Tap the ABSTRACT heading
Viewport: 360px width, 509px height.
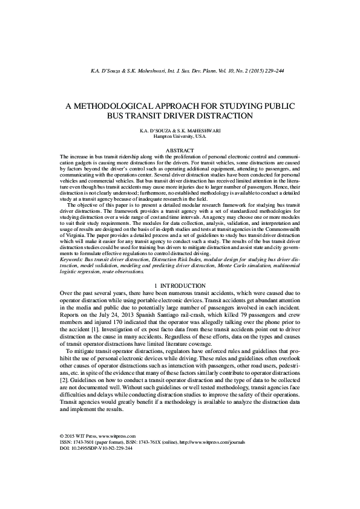click(180, 150)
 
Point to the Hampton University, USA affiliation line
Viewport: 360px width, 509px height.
click(180, 137)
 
